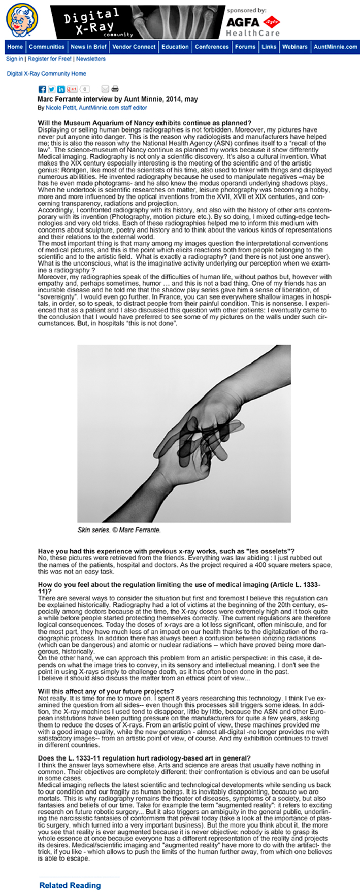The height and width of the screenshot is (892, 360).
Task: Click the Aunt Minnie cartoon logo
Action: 22,20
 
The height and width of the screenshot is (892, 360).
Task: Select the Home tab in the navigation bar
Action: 15,47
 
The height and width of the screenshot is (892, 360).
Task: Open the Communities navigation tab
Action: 47,47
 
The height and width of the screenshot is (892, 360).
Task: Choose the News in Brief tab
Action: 88,47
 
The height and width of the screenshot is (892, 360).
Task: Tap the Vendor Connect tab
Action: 134,47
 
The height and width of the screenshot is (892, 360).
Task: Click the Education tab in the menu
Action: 175,47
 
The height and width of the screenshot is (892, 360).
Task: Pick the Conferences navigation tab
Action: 212,47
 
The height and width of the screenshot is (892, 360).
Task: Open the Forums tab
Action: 245,47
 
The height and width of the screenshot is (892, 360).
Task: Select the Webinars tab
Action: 294,47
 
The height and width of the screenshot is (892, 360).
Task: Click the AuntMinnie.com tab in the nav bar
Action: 335,47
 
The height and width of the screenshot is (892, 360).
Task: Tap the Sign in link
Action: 14,59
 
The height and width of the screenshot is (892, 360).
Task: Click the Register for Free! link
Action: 50,59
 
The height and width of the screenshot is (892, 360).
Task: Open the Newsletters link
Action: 91,59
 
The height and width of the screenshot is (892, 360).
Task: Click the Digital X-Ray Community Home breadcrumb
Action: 46,74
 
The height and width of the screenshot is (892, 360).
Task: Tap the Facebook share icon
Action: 43,89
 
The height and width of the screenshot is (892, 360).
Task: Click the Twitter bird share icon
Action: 52,89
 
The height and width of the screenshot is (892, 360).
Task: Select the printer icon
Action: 115,89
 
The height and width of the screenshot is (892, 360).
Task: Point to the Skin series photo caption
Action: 119,530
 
